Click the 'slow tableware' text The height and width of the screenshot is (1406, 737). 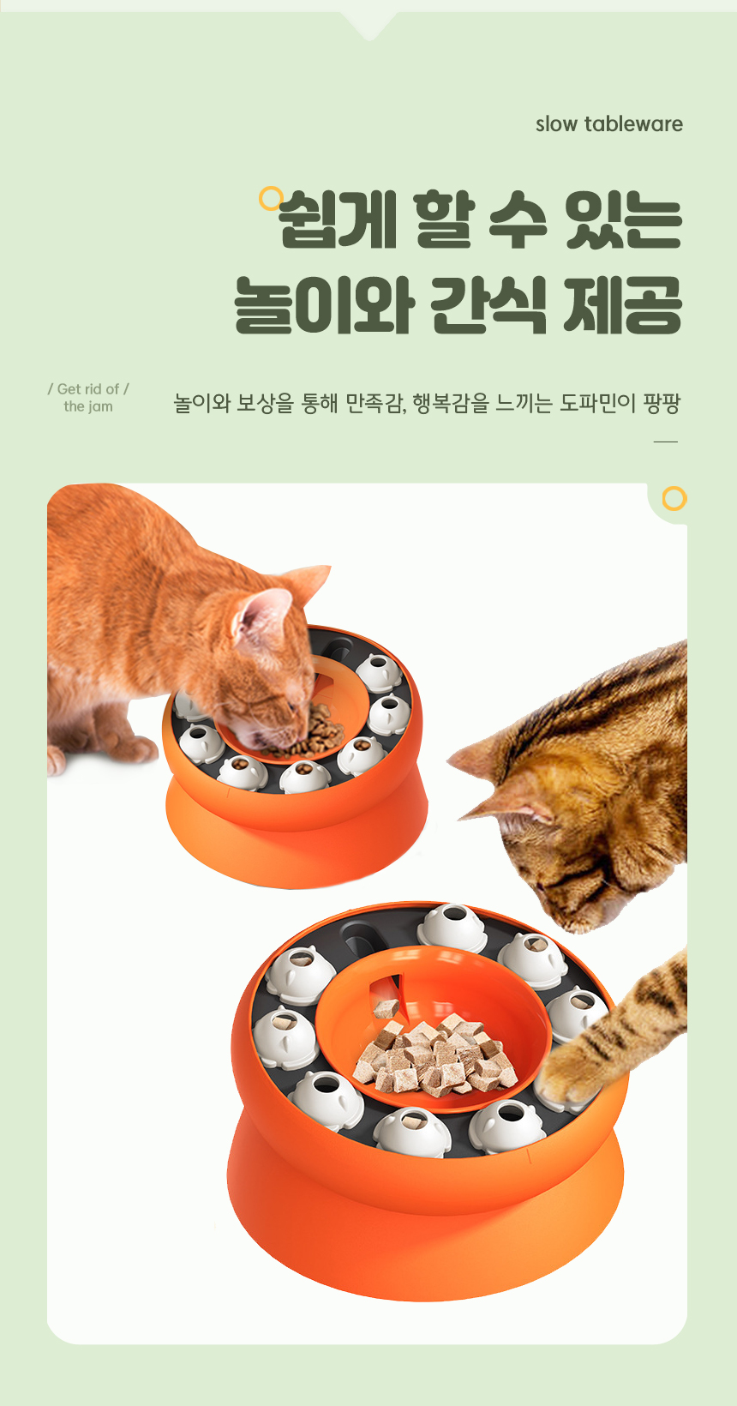coord(609,123)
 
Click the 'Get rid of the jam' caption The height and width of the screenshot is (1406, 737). coord(88,398)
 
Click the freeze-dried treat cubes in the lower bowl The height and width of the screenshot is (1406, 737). coord(436,1054)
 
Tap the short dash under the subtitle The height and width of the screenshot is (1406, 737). coord(666,442)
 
